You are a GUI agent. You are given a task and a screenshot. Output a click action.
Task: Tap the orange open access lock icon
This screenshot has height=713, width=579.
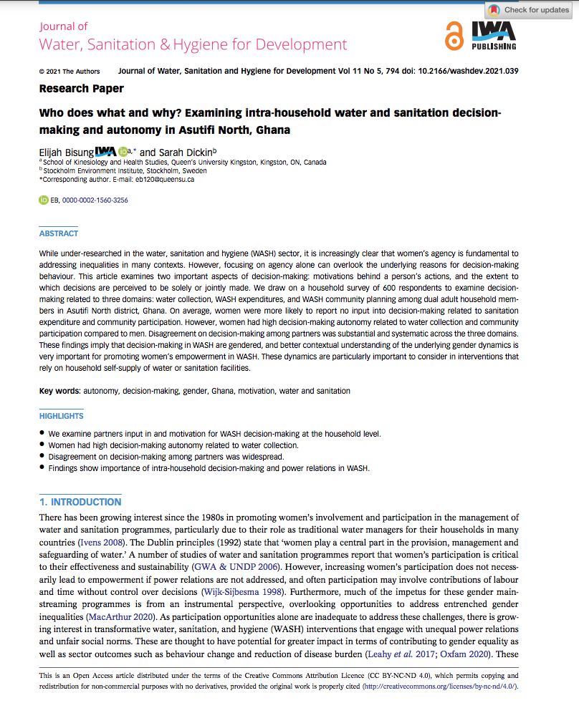pyautogui.click(x=453, y=37)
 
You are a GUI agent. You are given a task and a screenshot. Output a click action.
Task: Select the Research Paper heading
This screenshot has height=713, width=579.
pyautogui.click(x=81, y=89)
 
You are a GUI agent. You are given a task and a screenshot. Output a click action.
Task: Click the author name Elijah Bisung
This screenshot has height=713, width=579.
pyautogui.click(x=67, y=152)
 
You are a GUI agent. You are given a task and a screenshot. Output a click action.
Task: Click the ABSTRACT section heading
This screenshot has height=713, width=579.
pyautogui.click(x=59, y=233)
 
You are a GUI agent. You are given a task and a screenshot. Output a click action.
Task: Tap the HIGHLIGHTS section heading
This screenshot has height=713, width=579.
pyautogui.click(x=62, y=416)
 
